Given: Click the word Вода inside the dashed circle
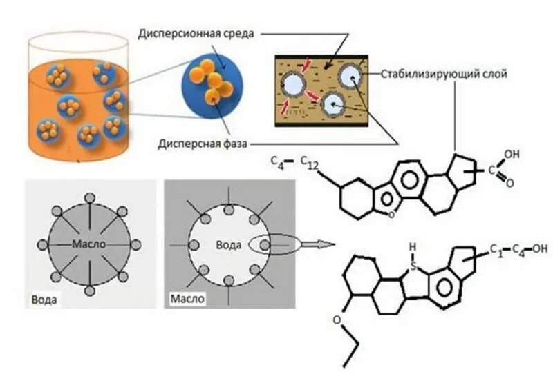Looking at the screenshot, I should pyautogui.click(x=228, y=244).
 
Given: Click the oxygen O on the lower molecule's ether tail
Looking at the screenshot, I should pyautogui.click(x=337, y=320).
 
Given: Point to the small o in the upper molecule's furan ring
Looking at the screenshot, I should pyautogui.click(x=391, y=215).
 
